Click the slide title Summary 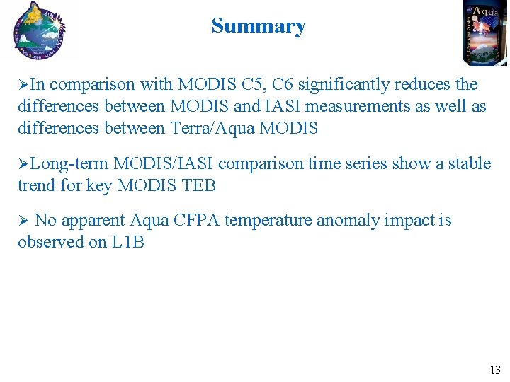258,26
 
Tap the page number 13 494,369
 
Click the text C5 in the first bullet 253,85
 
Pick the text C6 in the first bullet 283,85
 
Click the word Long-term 69,164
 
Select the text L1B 127,243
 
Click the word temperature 269,221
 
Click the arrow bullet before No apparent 23,221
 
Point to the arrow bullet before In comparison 23,86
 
